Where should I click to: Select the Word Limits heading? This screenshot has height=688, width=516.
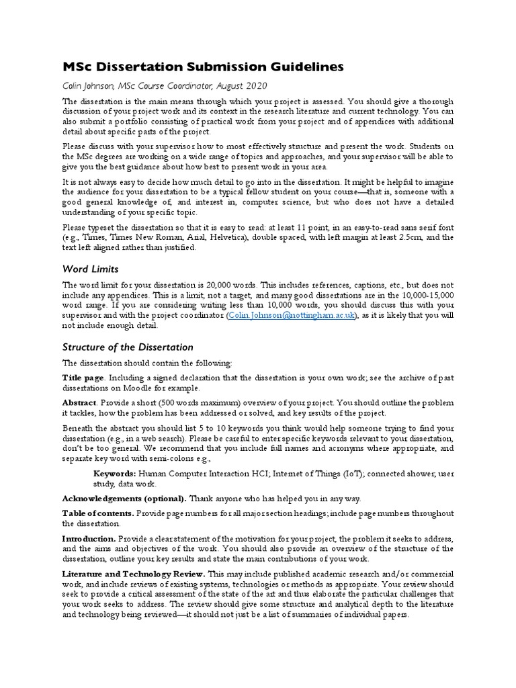pyautogui.click(x=91, y=269)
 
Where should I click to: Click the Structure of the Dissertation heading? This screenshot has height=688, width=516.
pyautogui.click(x=128, y=347)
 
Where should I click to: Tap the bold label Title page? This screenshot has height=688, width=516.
pyautogui.click(x=83, y=378)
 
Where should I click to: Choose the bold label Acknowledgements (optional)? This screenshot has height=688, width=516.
pyautogui.click(x=124, y=498)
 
